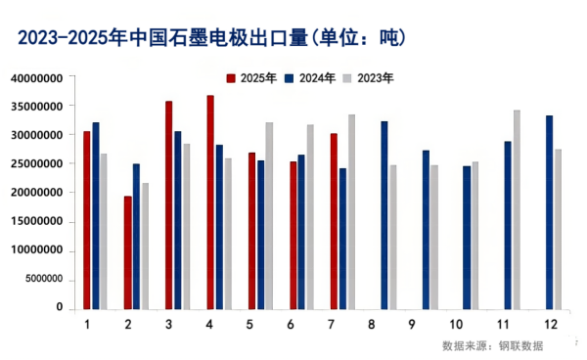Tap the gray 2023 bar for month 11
[517, 209]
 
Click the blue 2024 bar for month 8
[384, 214]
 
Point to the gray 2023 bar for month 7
[351, 211]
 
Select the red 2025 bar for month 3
[169, 204]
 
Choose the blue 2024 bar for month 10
[467, 237]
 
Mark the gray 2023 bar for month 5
[269, 215]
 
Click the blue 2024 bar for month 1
[95, 215]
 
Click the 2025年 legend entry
[250, 76]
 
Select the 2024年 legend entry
[309, 76]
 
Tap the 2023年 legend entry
[368, 76]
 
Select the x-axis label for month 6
[292, 325]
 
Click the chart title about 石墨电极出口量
[211, 39]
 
